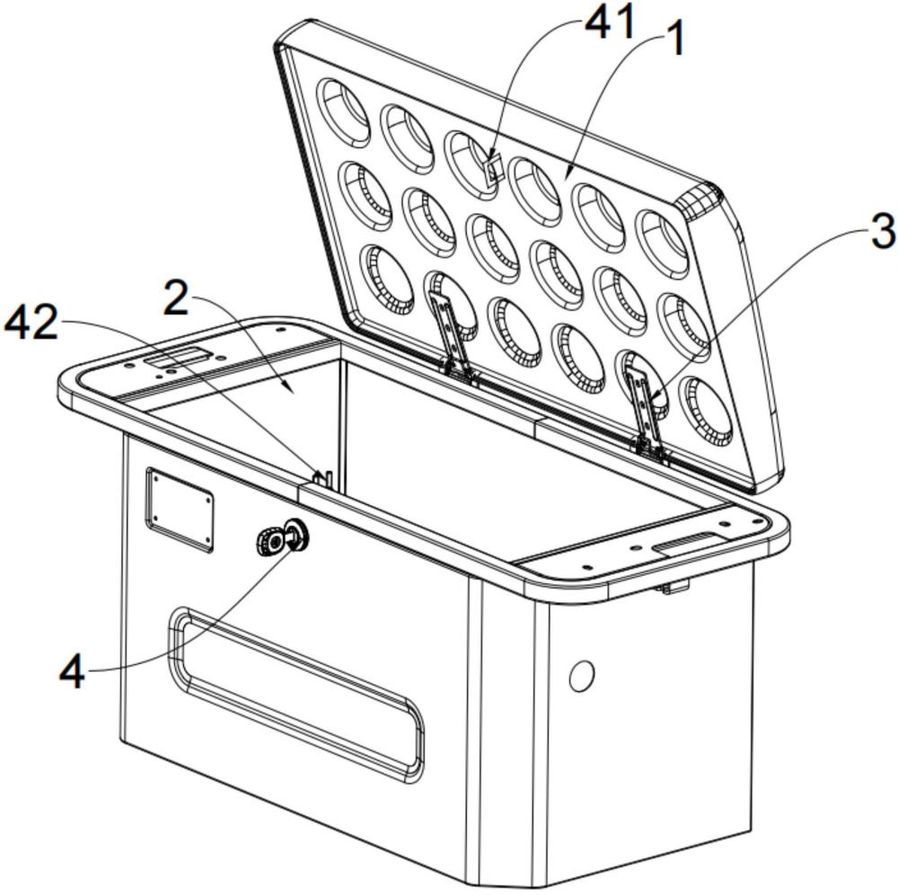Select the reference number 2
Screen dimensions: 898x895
tap(176, 297)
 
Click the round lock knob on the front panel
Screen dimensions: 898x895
tap(282, 537)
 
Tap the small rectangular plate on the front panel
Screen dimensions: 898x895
tap(180, 510)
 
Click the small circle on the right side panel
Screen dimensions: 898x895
tap(581, 676)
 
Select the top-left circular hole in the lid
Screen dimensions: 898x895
tap(346, 111)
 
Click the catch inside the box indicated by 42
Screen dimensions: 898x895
tap(325, 479)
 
